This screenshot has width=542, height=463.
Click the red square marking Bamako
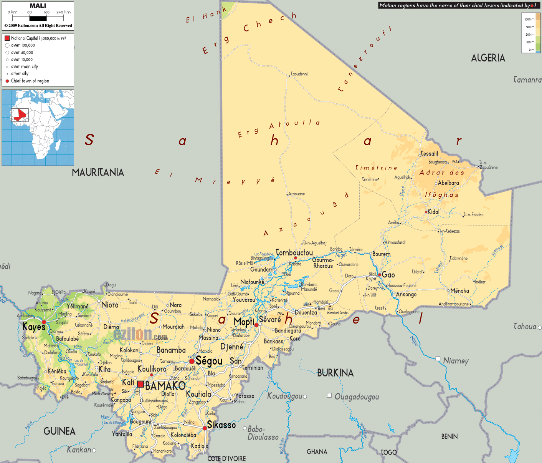point(140,384)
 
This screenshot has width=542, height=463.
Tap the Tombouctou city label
point(294,252)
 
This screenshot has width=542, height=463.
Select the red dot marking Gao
point(379,275)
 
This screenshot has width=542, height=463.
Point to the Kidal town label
point(433,212)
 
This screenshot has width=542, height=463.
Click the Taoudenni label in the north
point(299,74)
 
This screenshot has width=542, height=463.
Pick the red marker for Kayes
point(44,322)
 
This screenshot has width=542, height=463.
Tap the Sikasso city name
point(221,425)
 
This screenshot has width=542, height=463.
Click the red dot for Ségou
point(192,361)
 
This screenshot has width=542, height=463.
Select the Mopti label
point(244,322)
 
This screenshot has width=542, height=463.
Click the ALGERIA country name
point(488,58)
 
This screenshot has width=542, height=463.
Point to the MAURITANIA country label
point(98,173)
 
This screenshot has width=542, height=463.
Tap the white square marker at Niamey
point(438,358)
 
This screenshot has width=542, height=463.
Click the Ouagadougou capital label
point(357,397)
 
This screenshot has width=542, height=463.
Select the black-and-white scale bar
point(38,18)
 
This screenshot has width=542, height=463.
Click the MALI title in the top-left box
point(38,6)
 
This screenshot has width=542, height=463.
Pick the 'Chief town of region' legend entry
point(30,81)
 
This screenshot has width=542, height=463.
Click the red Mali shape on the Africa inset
point(21,115)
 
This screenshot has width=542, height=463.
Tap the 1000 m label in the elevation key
point(530,19)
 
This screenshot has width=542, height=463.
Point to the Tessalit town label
point(429,154)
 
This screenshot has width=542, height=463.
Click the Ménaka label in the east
point(459,291)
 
